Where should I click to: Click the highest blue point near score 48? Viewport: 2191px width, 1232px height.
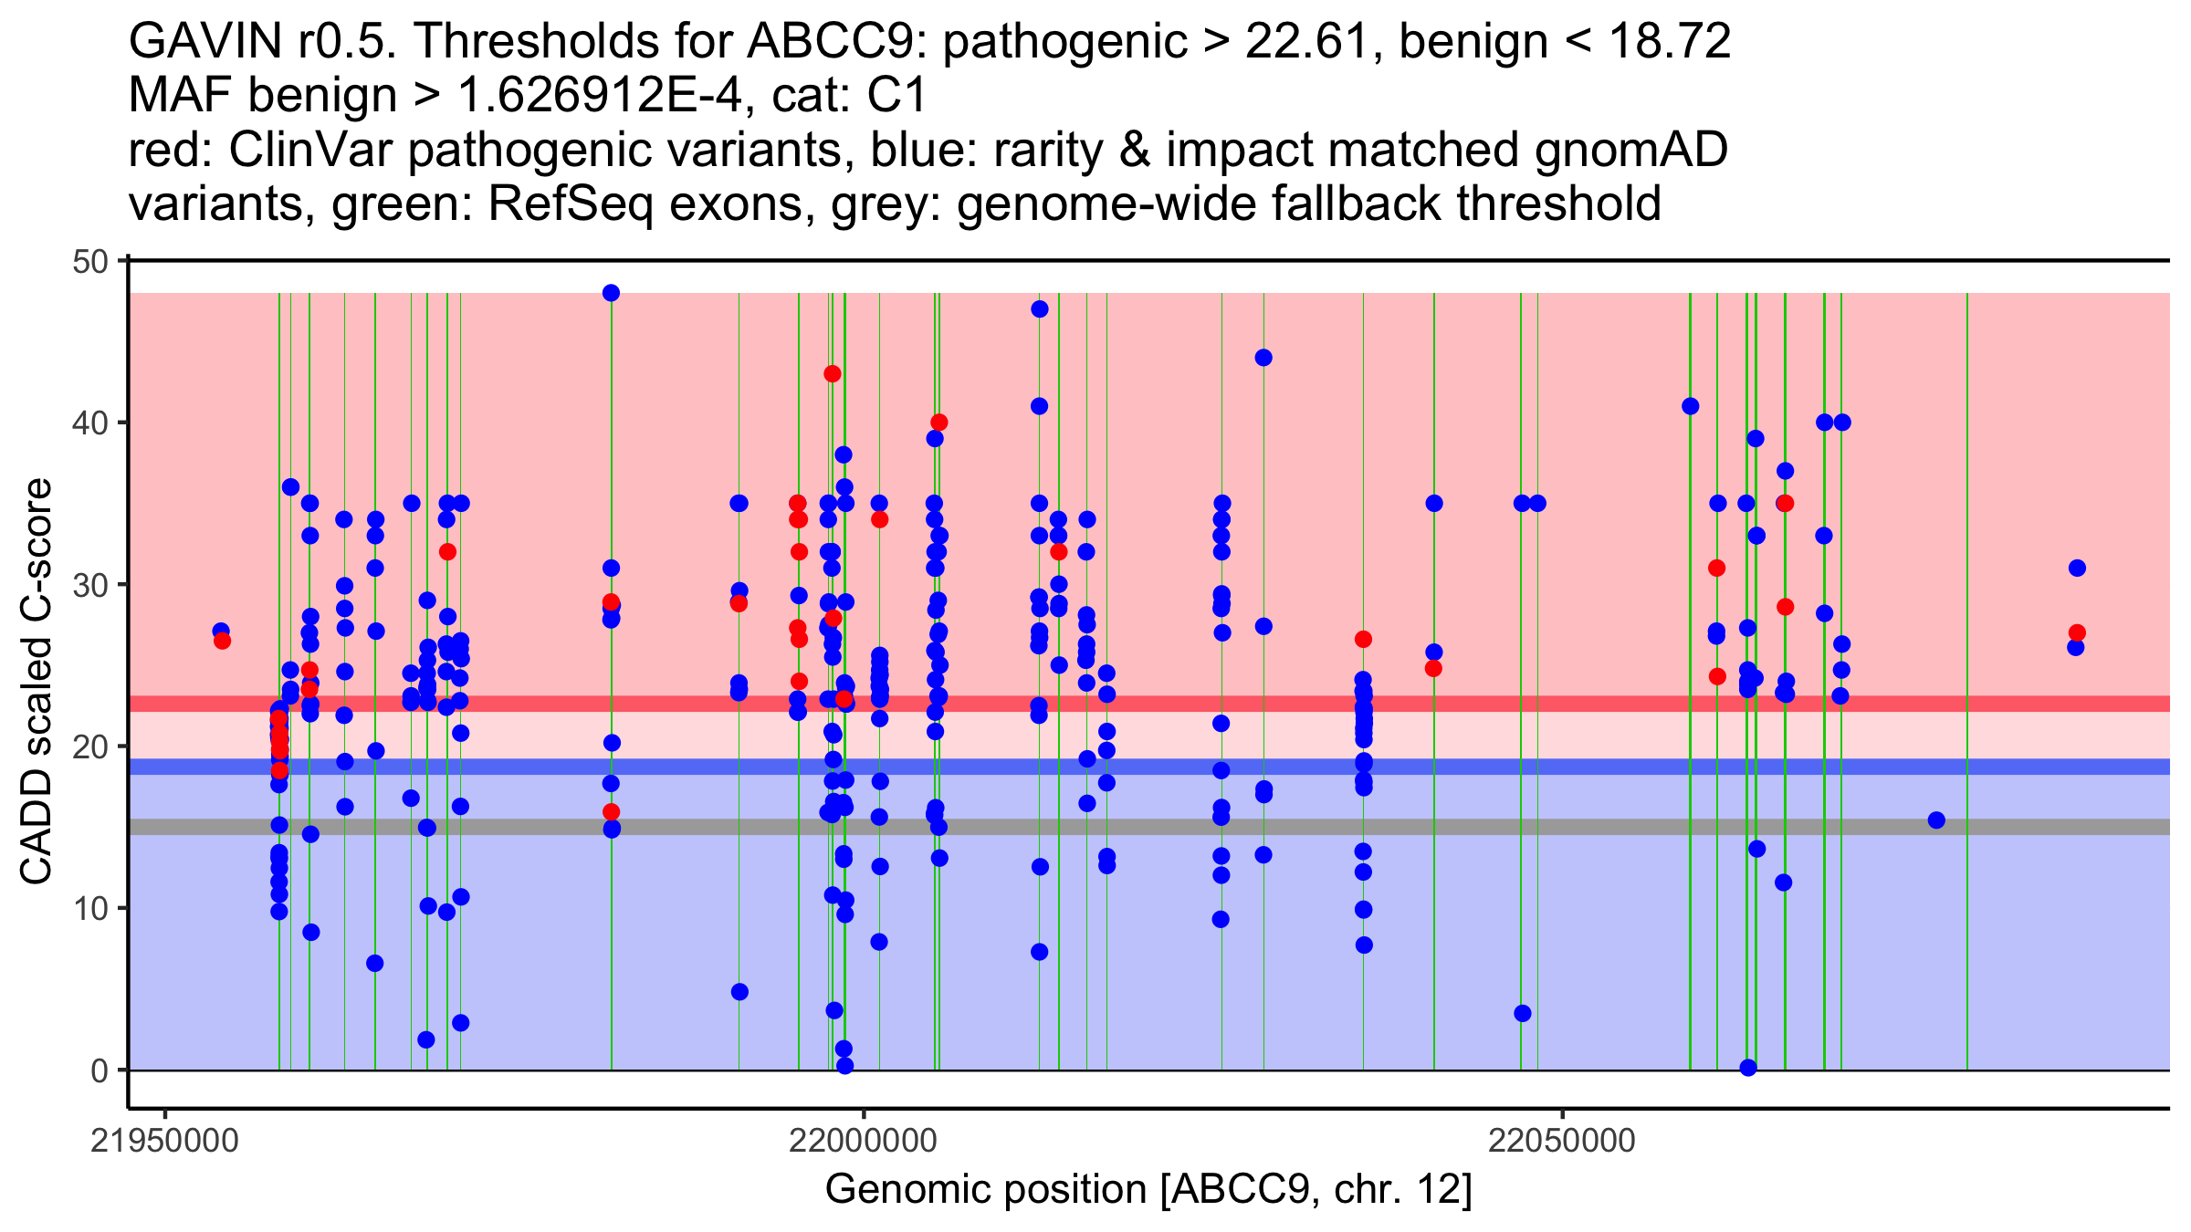[x=611, y=293]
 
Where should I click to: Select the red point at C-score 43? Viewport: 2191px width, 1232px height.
[x=832, y=373]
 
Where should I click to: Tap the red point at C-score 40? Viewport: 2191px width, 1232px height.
[x=938, y=423]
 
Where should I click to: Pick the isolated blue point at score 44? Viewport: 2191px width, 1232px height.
[x=1263, y=358]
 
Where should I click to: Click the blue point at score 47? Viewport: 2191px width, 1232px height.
[x=1039, y=309]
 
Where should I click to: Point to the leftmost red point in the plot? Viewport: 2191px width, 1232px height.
[x=222, y=641]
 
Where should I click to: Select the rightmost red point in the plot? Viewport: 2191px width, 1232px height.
[x=2077, y=632]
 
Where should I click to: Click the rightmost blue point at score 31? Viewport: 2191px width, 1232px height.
[x=2077, y=568]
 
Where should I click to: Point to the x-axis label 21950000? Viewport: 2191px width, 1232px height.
[x=164, y=1141]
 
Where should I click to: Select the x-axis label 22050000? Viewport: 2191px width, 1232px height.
[x=1562, y=1141]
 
